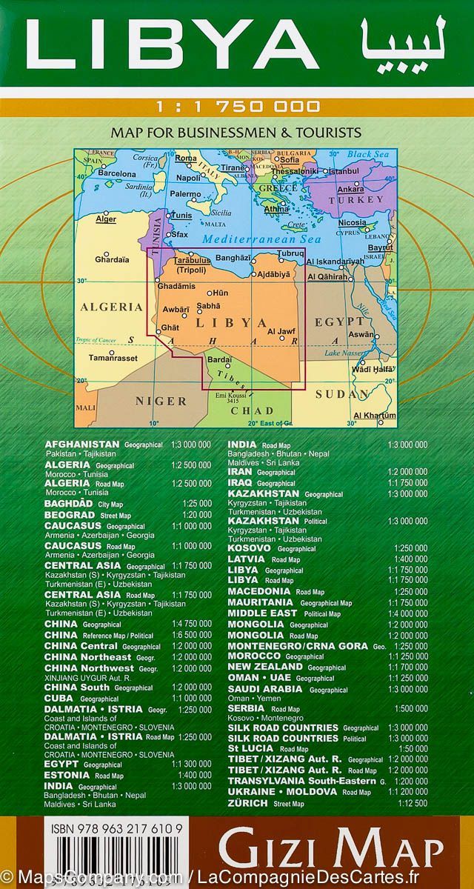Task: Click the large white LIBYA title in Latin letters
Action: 170,46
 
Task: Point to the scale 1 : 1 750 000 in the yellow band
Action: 237,107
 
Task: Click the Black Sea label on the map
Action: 368,154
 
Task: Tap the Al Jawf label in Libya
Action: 281,331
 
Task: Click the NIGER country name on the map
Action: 160,401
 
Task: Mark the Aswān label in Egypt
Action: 361,335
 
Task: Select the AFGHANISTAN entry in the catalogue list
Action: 82,444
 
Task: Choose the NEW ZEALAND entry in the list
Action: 264,667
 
